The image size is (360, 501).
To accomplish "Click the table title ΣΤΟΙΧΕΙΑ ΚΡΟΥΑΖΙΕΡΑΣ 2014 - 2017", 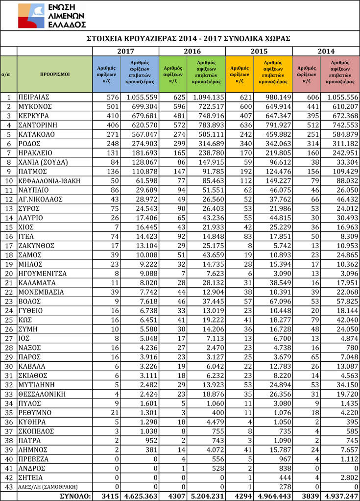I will pyautogui.click(x=189, y=39).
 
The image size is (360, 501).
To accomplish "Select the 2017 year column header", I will pyautogui.click(x=125, y=51).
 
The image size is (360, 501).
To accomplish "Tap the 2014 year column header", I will pyautogui.click(x=326, y=51).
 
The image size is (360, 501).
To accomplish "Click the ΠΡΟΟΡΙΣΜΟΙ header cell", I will pyautogui.click(x=55, y=75).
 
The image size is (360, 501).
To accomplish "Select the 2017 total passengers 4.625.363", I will pyautogui.click(x=139, y=496).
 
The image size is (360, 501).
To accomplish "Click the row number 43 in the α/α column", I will pyautogui.click(x=9, y=487).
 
